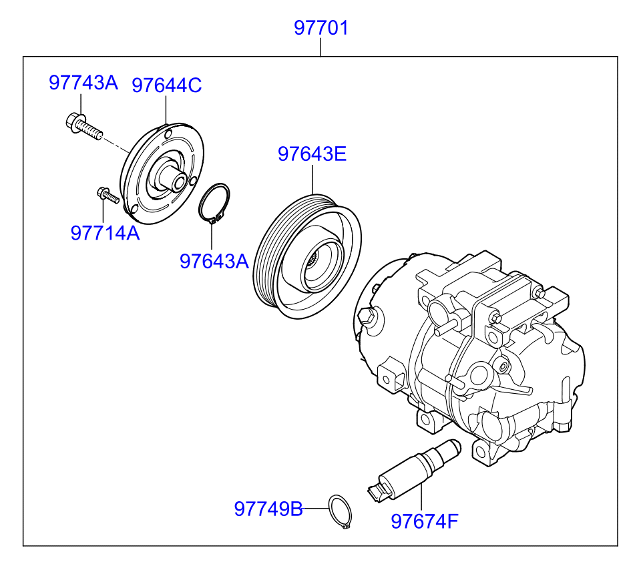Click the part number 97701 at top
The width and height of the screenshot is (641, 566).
pos(321,28)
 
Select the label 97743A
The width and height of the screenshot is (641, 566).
pos(83,83)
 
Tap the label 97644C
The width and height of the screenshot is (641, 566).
pos(167,85)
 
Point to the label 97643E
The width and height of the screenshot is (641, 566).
pos(312,154)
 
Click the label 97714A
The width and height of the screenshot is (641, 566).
pos(105,233)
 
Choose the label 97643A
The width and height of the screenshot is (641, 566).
pos(214,261)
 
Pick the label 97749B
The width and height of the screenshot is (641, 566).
pos(268,509)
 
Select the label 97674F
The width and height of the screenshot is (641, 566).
pos(425,521)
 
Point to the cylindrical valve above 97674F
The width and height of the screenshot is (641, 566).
pos(414,471)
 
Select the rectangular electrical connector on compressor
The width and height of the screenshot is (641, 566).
pos(393,375)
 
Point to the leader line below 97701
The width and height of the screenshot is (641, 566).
pos(320,47)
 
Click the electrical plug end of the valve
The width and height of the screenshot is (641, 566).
pos(378,493)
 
